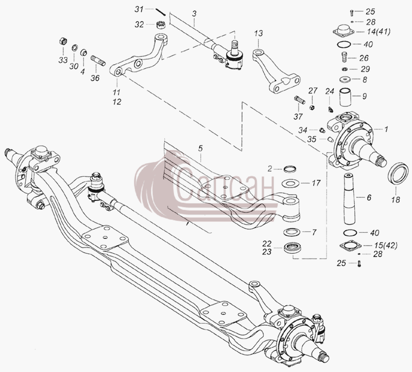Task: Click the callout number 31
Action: click(139, 9)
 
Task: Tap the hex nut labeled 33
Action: click(63, 42)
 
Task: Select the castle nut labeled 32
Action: click(160, 25)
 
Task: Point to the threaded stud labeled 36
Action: click(98, 61)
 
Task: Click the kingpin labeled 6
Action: click(349, 199)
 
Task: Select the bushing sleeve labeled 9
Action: click(346, 97)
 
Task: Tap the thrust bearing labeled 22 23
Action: click(292, 248)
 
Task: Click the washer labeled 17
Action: click(290, 183)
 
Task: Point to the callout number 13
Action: click(259, 33)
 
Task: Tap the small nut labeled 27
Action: click(312, 107)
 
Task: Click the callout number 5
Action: click(200, 148)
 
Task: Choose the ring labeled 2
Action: click(290, 169)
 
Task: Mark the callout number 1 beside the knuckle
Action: click(386, 129)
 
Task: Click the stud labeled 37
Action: click(299, 100)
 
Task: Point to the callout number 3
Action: click(194, 14)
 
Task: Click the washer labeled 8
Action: click(346, 80)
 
